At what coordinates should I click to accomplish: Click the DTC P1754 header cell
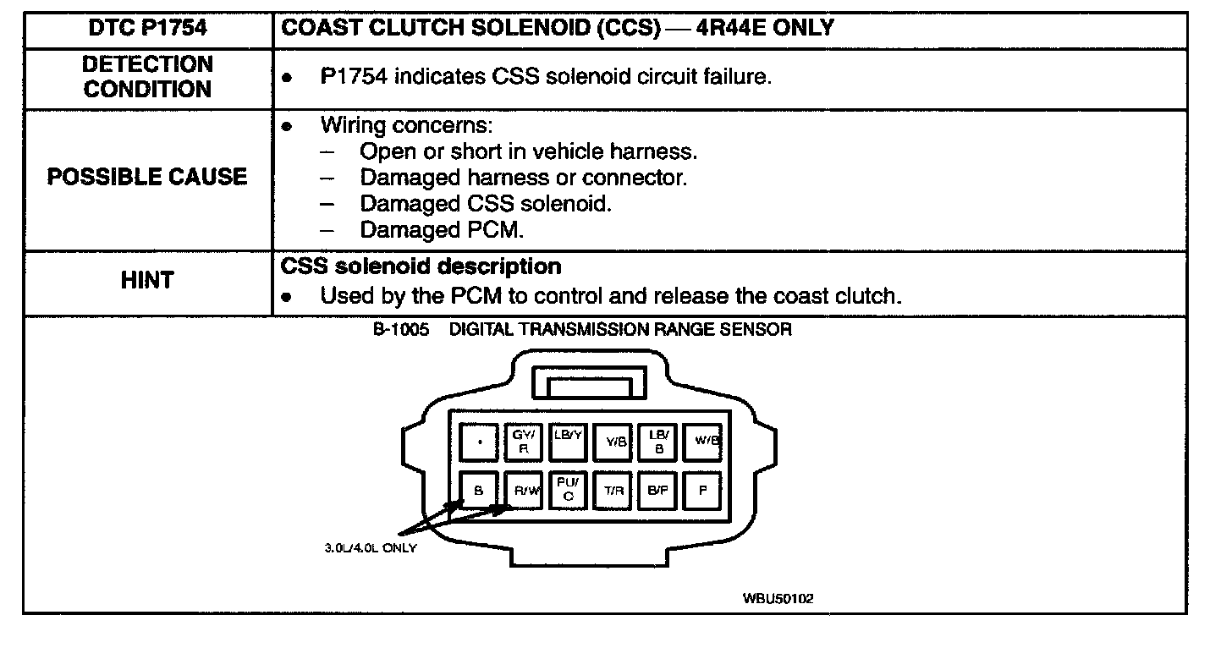147,29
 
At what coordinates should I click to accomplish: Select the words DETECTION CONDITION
147,77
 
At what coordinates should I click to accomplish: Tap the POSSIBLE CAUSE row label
147,178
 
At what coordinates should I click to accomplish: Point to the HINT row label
147,281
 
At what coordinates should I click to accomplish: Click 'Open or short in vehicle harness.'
528,152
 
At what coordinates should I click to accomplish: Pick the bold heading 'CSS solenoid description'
421,266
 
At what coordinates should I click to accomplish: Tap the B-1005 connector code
395,330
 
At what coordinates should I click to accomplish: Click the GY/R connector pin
522,442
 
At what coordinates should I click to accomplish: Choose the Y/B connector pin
613,442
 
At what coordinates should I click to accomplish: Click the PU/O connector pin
567,490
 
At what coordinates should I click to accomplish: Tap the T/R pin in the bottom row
613,490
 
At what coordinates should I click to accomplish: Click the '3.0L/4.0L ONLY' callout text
370,547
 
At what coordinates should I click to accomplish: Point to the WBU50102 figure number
778,599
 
